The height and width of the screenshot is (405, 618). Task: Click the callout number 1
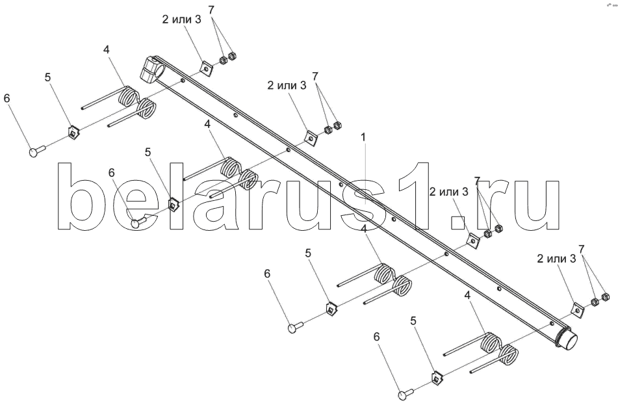364,137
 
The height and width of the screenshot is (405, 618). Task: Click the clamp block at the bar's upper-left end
150,69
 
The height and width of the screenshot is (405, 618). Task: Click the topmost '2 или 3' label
181,20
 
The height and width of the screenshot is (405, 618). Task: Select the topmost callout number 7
211,10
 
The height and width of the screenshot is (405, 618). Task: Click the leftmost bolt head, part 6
36,151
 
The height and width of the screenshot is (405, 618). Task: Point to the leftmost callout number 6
7,98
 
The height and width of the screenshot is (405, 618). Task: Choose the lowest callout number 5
413,320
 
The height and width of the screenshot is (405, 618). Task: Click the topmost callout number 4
107,50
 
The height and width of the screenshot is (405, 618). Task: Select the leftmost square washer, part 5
73,133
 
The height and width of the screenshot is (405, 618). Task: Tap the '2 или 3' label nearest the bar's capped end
556,258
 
